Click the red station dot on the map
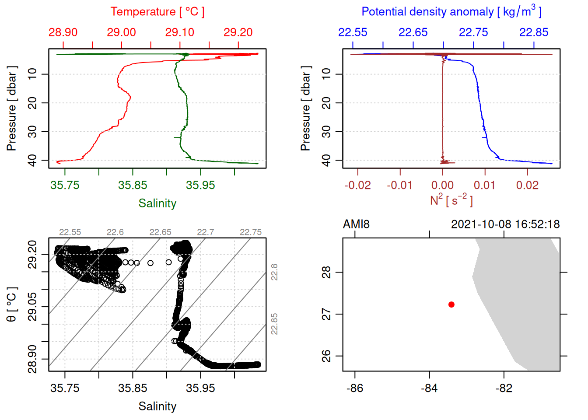pyautogui.click(x=451, y=304)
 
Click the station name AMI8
pyautogui.click(x=356, y=224)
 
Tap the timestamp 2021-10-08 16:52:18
pyautogui.click(x=505, y=224)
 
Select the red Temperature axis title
pyautogui.click(x=157, y=12)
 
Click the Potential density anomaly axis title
pyautogui.click(x=451, y=11)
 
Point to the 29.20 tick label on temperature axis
pyautogui.click(x=238, y=32)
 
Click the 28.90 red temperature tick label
pyautogui.click(x=63, y=32)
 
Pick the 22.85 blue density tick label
pyautogui.click(x=533, y=32)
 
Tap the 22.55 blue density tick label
pyautogui.click(x=353, y=32)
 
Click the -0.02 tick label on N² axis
pyautogui.click(x=357, y=185)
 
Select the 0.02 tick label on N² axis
pyautogui.click(x=527, y=185)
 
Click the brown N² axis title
pyautogui.click(x=451, y=200)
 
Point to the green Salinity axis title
pyautogui.click(x=157, y=203)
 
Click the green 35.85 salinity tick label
pyautogui.click(x=133, y=185)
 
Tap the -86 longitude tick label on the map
pyautogui.click(x=354, y=388)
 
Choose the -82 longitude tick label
pyautogui.click(x=504, y=388)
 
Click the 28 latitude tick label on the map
pyautogui.click(x=326, y=272)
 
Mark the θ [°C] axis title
pyautogui.click(x=12, y=304)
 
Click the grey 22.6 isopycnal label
pyautogui.click(x=115, y=232)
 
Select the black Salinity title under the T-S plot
pyautogui.click(x=157, y=406)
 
